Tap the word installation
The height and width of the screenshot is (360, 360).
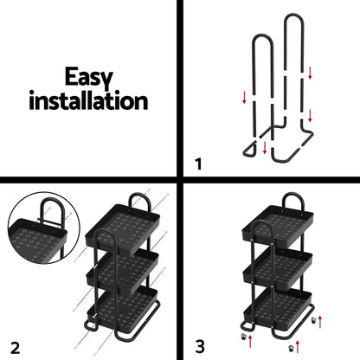point(88,100)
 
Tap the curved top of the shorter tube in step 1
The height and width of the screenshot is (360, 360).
point(263,41)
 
